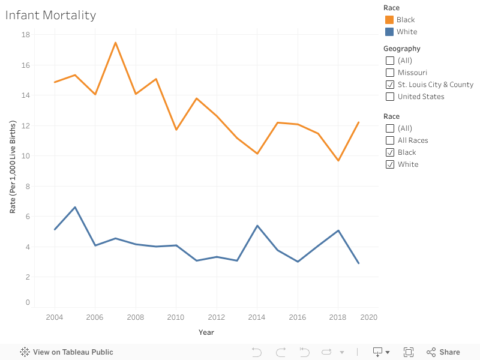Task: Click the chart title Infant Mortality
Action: (50, 16)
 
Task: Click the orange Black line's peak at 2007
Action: (115, 43)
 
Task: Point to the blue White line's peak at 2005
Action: (75, 207)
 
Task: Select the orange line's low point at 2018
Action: (338, 160)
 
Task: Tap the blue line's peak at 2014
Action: (257, 226)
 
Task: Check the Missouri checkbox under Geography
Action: (390, 73)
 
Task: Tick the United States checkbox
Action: (390, 97)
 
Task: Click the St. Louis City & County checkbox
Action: (390, 85)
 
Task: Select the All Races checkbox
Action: (390, 140)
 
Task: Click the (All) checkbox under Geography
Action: (390, 61)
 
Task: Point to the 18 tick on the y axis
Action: (26, 35)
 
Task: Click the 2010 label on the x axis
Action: (176, 317)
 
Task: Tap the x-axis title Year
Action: (206, 332)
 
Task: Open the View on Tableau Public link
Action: (67, 352)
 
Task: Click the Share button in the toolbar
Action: (443, 352)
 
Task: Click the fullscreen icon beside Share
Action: (409, 352)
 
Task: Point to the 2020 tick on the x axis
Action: (369, 317)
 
